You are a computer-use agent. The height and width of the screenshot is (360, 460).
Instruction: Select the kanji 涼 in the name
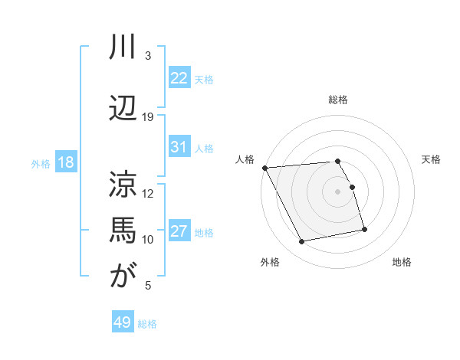(123, 183)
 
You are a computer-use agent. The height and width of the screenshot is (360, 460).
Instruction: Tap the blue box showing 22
(179, 78)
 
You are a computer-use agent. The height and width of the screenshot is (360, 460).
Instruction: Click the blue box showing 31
(179, 147)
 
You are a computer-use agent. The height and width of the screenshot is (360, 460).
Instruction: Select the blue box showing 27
(179, 231)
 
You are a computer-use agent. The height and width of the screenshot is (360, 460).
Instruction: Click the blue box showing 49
(123, 322)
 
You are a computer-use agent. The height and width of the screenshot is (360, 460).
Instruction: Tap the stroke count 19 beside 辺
(148, 117)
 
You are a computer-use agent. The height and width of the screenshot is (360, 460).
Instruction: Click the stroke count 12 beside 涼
(148, 194)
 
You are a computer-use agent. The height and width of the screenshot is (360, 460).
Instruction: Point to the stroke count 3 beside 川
(148, 56)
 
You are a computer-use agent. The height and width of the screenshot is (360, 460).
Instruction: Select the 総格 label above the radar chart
(338, 100)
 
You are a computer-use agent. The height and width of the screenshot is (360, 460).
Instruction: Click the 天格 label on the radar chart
(431, 159)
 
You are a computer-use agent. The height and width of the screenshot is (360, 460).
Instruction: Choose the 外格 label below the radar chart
(270, 262)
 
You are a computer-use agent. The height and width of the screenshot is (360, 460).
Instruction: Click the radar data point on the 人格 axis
(264, 168)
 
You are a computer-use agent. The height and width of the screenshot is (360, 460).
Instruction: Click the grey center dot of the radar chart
(338, 191)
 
